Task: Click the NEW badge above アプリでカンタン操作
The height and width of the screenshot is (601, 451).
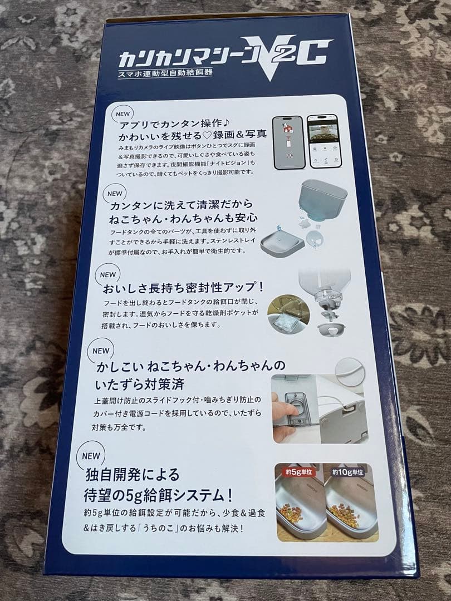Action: click(122, 114)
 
